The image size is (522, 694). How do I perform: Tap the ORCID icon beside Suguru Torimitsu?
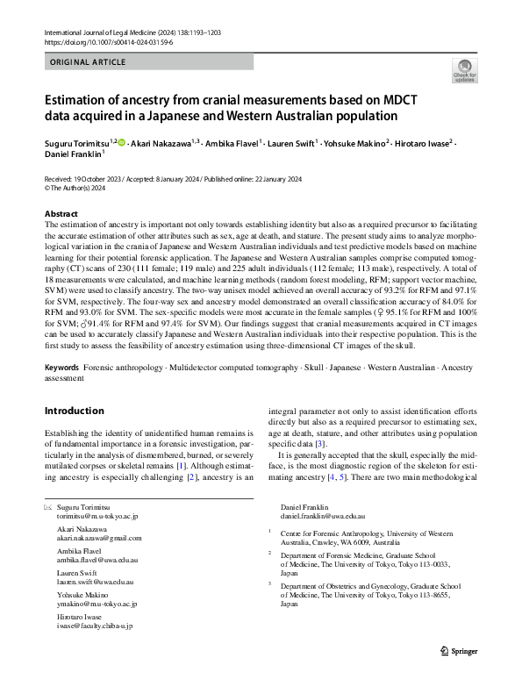[x=121, y=141]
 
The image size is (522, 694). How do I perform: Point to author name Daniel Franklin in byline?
[x=74, y=154]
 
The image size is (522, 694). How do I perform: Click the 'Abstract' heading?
[x=61, y=214]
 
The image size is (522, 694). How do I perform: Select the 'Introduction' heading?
[x=74, y=411]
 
